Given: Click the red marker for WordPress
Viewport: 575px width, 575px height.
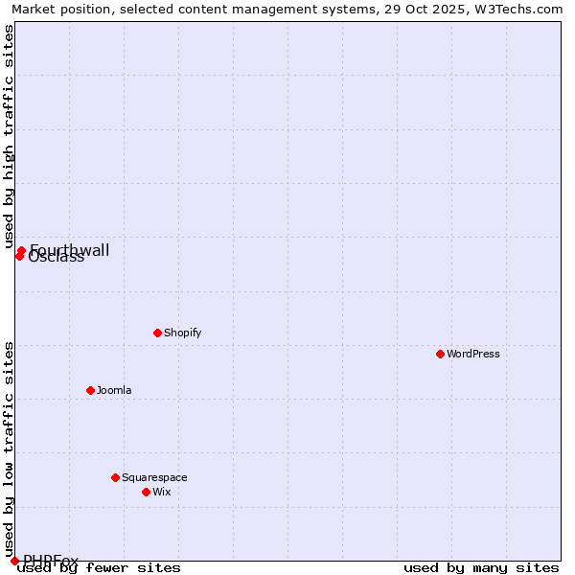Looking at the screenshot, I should coord(440,354).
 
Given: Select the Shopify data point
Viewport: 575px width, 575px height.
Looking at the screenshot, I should coord(157,333).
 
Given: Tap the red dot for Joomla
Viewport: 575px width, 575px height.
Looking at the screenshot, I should coord(90,390).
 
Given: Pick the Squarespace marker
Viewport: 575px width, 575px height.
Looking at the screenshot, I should coord(115,477).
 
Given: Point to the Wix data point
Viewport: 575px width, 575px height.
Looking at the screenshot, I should coord(146,492).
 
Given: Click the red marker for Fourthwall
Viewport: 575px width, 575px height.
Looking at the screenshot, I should coord(21,250).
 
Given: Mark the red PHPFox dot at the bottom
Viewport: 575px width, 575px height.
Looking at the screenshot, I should coord(14,561).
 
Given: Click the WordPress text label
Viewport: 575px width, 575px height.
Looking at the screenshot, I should coord(473,354).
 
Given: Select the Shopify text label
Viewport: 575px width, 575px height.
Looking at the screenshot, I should coord(183,333).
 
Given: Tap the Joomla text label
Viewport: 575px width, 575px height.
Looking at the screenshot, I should coord(114,390).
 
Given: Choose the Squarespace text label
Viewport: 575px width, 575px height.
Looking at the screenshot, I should coord(154,477).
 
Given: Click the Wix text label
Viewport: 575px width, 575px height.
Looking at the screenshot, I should coord(162,492).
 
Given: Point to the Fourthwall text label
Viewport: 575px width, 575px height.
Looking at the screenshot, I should coord(70,250).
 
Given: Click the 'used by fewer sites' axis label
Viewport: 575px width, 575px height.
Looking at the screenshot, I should coord(100,567).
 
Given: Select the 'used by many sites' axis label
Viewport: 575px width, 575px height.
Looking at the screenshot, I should coord(481,567).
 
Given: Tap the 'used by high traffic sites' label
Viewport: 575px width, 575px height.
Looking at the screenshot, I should coord(9,137).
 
